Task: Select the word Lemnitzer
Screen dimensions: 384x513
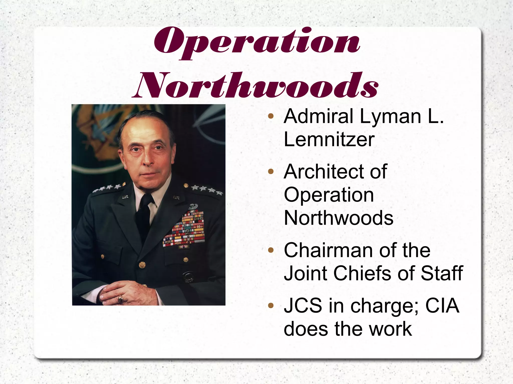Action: point(329,139)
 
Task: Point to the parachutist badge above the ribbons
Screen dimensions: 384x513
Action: point(193,206)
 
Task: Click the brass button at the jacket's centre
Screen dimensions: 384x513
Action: point(142,265)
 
